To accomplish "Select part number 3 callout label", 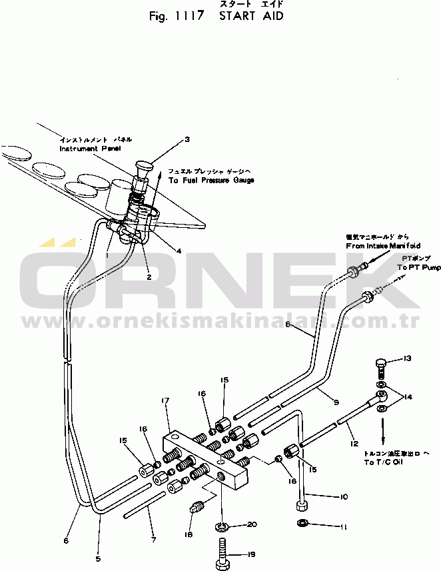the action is pos(187,139).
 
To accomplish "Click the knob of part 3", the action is pos(143,164).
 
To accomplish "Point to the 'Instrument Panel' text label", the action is pos(90,149).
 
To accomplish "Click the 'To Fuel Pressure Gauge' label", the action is pos(211,181).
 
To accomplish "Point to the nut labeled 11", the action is pos(301,521).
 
